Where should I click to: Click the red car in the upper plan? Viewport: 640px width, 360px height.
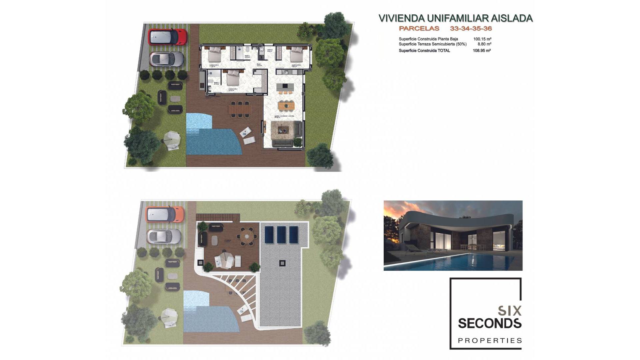[167, 37]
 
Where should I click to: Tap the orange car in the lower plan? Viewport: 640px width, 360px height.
[165, 214]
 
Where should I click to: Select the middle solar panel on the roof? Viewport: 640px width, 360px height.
[281, 235]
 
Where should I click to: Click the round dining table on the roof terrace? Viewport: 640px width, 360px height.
[247, 236]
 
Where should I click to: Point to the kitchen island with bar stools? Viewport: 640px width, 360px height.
[285, 86]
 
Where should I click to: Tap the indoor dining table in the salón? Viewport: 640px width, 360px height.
[286, 106]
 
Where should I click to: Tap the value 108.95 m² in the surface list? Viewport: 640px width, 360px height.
[482, 51]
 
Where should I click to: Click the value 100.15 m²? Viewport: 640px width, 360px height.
[482, 39]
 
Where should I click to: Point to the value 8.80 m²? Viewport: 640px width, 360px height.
[484, 44]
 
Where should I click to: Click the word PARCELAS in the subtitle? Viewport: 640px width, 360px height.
[419, 29]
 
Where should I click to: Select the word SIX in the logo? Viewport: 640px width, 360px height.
[509, 311]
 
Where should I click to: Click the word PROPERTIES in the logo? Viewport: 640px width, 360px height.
[490, 341]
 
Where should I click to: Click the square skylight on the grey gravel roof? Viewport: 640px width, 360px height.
[282, 263]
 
